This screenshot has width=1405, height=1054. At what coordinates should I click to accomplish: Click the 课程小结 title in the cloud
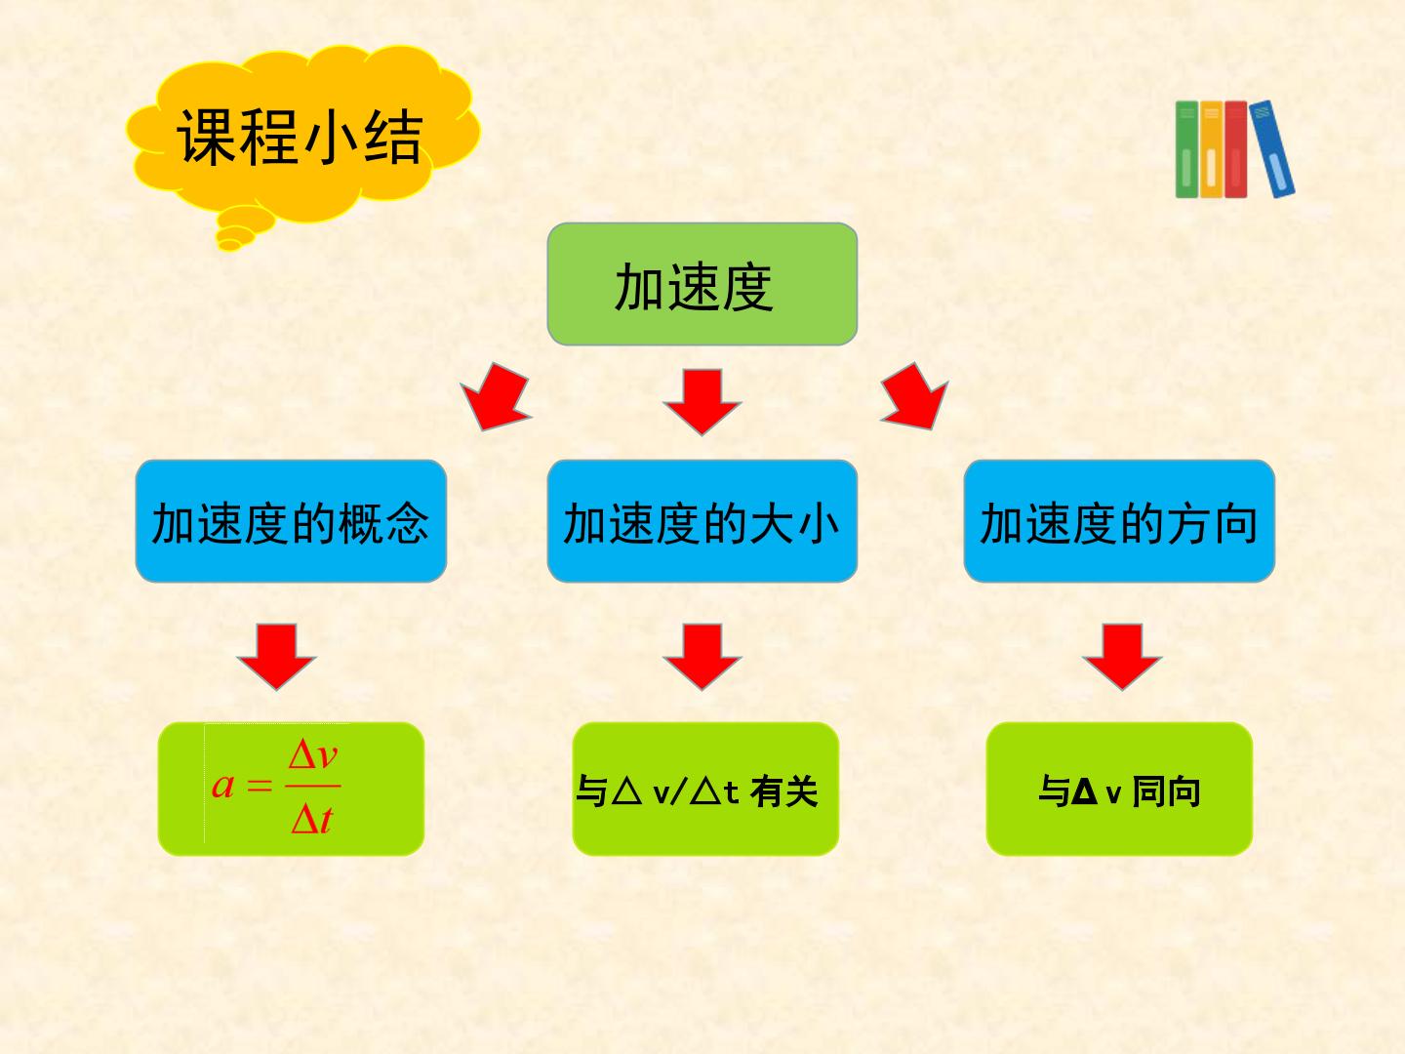(300, 137)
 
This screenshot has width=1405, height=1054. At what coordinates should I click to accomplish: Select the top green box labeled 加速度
(702, 284)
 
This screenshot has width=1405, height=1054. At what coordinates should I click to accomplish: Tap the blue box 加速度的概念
(291, 521)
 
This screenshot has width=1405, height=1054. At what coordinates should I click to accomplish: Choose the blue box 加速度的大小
(702, 521)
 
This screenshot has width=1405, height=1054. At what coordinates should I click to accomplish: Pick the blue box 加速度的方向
(1119, 521)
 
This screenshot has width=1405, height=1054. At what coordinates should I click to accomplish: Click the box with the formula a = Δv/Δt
(291, 789)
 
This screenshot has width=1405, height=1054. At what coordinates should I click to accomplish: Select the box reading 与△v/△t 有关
(705, 789)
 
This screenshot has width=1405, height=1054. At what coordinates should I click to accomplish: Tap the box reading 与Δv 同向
(1119, 789)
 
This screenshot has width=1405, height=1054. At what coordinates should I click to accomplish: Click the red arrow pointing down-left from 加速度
(496, 397)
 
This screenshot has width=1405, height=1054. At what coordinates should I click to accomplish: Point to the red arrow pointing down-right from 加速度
(915, 397)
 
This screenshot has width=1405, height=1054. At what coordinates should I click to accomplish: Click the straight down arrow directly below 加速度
(702, 402)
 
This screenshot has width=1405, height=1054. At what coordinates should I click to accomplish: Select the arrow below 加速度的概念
(276, 657)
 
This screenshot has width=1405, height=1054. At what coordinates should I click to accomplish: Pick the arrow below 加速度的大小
(702, 657)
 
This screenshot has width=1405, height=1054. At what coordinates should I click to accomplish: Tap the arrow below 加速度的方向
(1122, 657)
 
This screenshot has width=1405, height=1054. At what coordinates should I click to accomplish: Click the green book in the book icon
(1186, 149)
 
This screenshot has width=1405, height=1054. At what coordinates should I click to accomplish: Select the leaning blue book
(1272, 148)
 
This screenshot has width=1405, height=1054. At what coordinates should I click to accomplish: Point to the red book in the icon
(1236, 149)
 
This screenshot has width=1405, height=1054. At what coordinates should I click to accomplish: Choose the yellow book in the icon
(1211, 149)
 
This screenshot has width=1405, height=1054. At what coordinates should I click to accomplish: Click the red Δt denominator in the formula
(312, 819)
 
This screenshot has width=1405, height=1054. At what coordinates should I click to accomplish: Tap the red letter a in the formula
(222, 786)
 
